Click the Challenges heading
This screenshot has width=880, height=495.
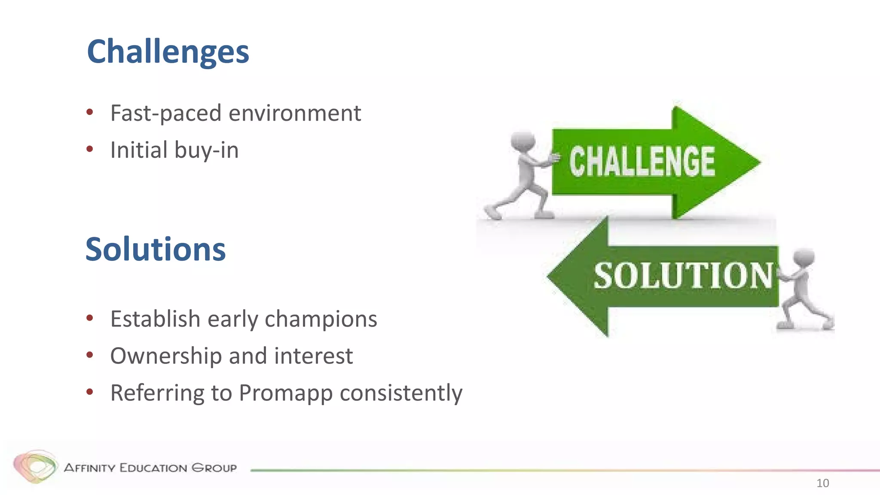pos(168,52)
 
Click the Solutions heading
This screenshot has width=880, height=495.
pos(155,250)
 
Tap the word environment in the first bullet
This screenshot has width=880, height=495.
pos(295,113)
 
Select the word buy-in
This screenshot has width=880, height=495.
pos(206,150)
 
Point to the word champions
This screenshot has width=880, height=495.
pos(321,319)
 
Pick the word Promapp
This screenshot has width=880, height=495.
pos(285,393)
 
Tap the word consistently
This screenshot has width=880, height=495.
pos(401,393)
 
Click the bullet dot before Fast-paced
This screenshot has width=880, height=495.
pos(90,113)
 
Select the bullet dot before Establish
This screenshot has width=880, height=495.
pos(90,318)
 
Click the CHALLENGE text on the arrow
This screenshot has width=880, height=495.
pos(642,162)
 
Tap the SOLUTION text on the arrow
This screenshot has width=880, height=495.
pos(683,275)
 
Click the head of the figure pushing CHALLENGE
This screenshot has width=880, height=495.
pos(522,141)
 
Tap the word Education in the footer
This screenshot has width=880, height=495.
pos(153,468)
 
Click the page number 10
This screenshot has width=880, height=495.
pos(822,483)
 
